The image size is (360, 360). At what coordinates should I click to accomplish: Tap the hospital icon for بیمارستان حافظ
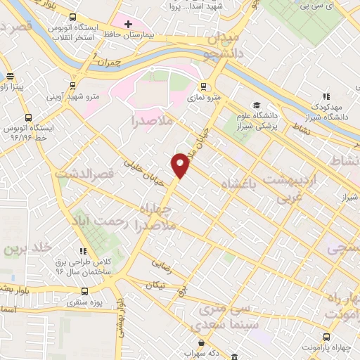(x=127, y=25)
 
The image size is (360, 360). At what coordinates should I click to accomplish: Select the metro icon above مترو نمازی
(x=204, y=87)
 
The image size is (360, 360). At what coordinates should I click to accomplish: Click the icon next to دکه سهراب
(x=201, y=343)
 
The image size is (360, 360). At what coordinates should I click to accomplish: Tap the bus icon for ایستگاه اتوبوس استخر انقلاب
(x=73, y=16)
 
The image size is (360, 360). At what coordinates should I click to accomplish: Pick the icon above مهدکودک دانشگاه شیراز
(x=326, y=96)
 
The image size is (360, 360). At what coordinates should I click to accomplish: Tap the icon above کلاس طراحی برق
(x=83, y=251)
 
